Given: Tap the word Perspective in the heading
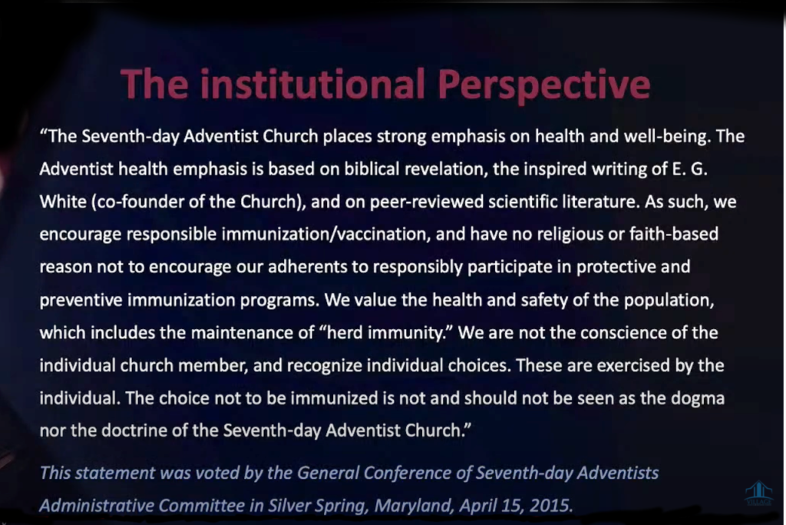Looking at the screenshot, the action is tap(544, 86).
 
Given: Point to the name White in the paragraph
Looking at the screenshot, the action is tap(63, 201).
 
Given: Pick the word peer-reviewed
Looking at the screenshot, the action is tap(427, 201).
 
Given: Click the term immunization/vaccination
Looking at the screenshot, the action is tap(325, 234).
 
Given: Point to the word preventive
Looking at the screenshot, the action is tap(81, 300).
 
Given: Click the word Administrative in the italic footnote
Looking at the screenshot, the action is tap(96, 506).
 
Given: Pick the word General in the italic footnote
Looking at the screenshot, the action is tap(327, 473).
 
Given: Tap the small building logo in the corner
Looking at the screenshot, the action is tap(759, 492).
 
